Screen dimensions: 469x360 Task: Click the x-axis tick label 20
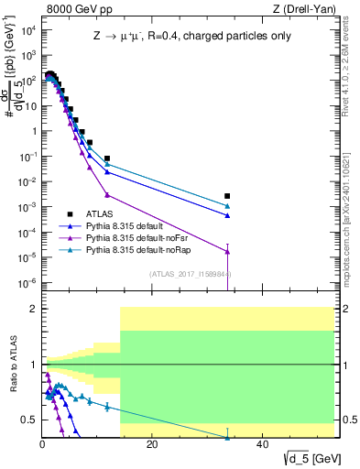pyautogui.click(x=152, y=444)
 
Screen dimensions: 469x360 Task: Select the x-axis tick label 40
pyautogui.click(x=262, y=444)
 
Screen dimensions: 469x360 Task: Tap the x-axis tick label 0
pyautogui.click(x=42, y=444)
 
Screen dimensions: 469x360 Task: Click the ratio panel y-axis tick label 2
pyautogui.click(x=32, y=309)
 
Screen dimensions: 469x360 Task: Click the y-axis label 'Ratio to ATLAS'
pyautogui.click(x=12, y=365)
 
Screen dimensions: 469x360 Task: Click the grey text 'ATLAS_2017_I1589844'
pyautogui.click(x=191, y=273)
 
